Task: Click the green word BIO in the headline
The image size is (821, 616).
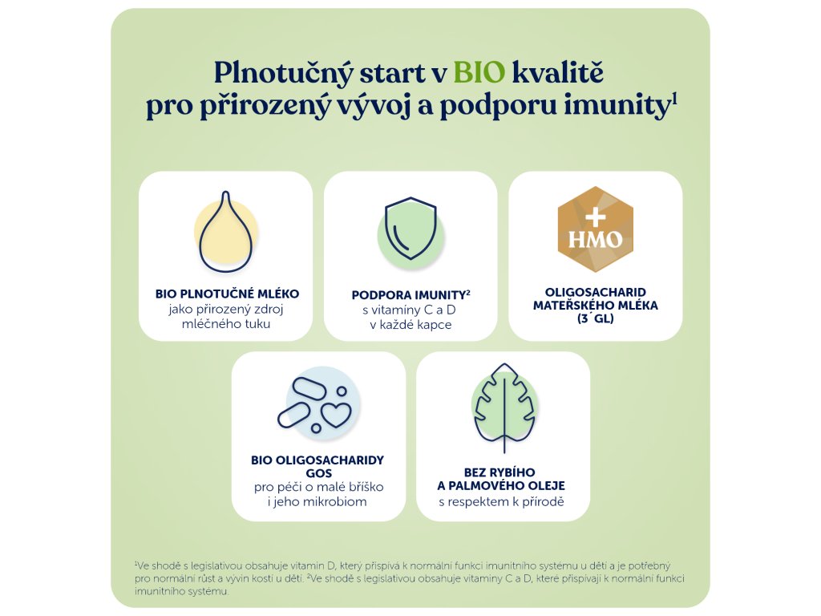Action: click(479, 72)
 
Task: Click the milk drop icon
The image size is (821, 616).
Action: click(225, 232)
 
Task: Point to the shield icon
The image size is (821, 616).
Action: click(410, 229)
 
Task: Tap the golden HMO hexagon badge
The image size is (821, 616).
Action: click(596, 229)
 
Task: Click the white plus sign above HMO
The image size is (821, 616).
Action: click(596, 217)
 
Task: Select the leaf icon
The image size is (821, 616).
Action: click(504, 407)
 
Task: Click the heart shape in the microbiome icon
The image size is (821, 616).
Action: click(336, 414)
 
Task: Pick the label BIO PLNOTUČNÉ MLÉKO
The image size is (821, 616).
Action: click(227, 294)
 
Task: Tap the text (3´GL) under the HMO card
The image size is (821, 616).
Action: click(596, 318)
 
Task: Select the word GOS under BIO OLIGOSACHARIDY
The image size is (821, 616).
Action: click(319, 473)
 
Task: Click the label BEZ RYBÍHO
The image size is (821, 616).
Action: click(499, 472)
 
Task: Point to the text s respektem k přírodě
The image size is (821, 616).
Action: click(502, 502)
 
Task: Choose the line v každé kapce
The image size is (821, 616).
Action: click(410, 325)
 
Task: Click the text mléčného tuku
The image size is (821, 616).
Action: click(226, 324)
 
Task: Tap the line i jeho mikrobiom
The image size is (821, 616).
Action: click(317, 502)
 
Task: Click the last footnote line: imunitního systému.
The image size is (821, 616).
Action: click(182, 591)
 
